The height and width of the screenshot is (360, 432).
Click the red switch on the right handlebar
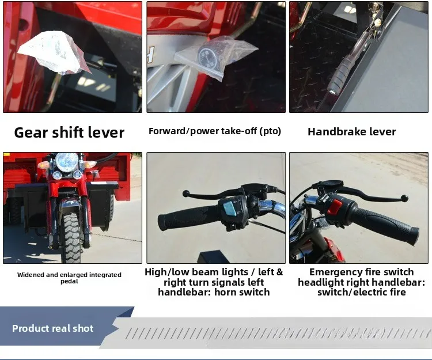click(x=335, y=207)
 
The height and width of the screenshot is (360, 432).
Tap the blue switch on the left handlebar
click(x=229, y=209)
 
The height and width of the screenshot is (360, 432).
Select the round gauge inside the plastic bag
click(x=208, y=58)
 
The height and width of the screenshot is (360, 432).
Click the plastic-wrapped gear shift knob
click(x=54, y=52)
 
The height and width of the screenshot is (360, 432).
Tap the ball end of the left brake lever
click(x=185, y=194)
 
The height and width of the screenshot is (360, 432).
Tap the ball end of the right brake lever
click(x=404, y=198)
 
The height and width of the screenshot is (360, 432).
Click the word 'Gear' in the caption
click(x=31, y=132)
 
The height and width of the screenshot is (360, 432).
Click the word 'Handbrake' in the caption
click(x=337, y=132)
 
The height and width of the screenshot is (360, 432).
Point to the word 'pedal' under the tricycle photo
click(x=70, y=282)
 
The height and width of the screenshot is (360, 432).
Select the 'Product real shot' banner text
click(x=53, y=328)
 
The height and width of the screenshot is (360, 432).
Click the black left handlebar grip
click(x=187, y=218)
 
